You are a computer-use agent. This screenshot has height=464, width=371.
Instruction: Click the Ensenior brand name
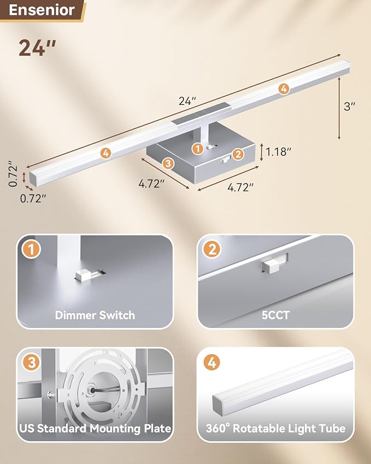pyautogui.click(x=42, y=10)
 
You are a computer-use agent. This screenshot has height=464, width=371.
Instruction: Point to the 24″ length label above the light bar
pyautogui.click(x=187, y=101)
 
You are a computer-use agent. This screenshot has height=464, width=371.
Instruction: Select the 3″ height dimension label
pyautogui.click(x=350, y=107)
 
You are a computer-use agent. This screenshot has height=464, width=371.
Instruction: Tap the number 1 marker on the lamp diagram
pyautogui.click(x=198, y=148)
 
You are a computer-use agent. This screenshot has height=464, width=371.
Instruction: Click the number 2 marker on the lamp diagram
pyautogui.click(x=238, y=154)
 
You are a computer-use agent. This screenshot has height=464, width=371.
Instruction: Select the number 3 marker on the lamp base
pyautogui.click(x=168, y=163)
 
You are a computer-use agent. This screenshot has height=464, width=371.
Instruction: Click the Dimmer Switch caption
pyautogui.click(x=95, y=315)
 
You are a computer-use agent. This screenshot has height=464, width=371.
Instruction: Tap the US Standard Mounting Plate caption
pyautogui.click(x=95, y=428)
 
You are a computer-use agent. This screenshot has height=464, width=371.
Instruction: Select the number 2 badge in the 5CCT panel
pyautogui.click(x=211, y=250)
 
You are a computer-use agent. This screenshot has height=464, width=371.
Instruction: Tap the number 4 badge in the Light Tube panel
pyautogui.click(x=211, y=362)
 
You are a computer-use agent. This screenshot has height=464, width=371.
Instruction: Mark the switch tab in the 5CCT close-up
pyautogui.click(x=273, y=266)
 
